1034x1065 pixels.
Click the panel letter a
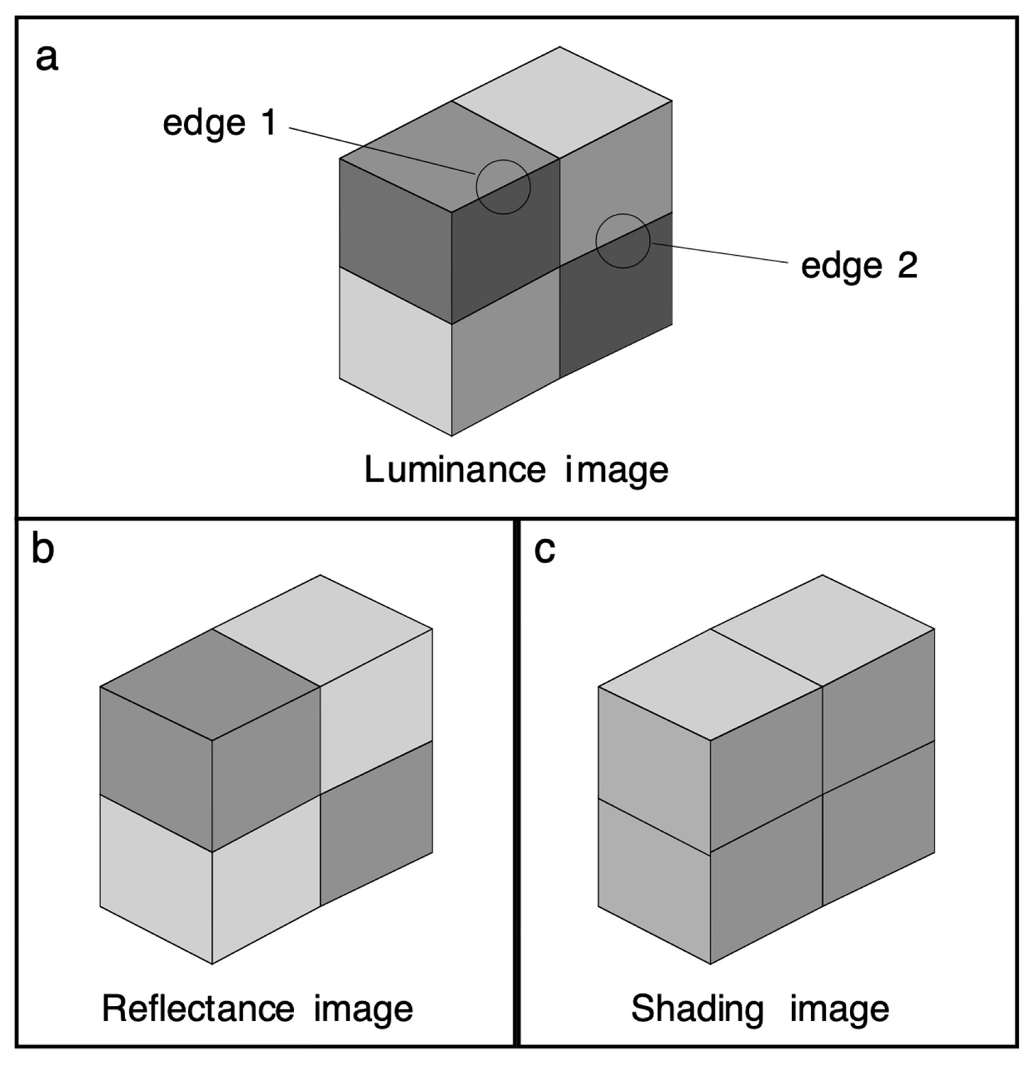point(47,58)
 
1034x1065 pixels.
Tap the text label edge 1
point(219,124)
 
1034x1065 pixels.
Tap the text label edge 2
point(859,267)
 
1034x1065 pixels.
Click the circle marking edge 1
point(503,187)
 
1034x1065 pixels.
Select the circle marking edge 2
point(623,241)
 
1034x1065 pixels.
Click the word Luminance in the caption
point(455,469)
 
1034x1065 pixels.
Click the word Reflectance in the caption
point(197,1009)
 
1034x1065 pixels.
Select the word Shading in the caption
point(697,1009)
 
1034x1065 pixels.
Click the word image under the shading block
point(839,1009)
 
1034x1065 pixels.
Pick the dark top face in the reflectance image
point(209,684)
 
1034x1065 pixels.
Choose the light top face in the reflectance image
point(323,629)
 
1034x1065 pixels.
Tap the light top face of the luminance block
point(562,102)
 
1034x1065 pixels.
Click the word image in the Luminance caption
point(616,469)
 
